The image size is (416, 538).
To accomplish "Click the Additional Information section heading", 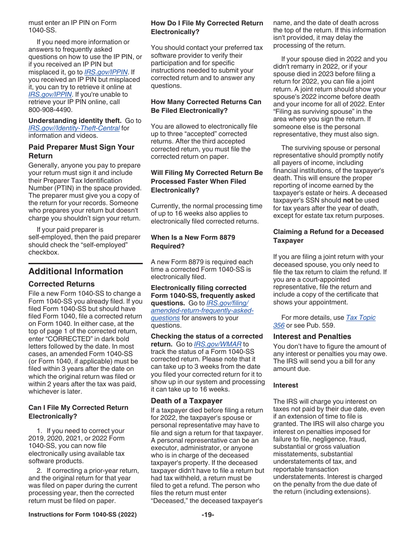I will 76,271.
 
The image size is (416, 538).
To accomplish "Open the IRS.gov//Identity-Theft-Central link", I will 74,128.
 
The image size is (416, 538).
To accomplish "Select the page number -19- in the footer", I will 208,515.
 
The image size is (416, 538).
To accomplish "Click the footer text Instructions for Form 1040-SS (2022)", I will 82,515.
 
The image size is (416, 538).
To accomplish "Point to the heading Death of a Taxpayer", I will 187,401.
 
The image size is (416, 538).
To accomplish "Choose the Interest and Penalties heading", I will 312,336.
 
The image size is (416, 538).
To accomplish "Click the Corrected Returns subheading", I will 61,284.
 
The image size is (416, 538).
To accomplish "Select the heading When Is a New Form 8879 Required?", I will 193,242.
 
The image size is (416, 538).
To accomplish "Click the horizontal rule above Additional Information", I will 85,263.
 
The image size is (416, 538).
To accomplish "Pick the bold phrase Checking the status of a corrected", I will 207,336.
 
